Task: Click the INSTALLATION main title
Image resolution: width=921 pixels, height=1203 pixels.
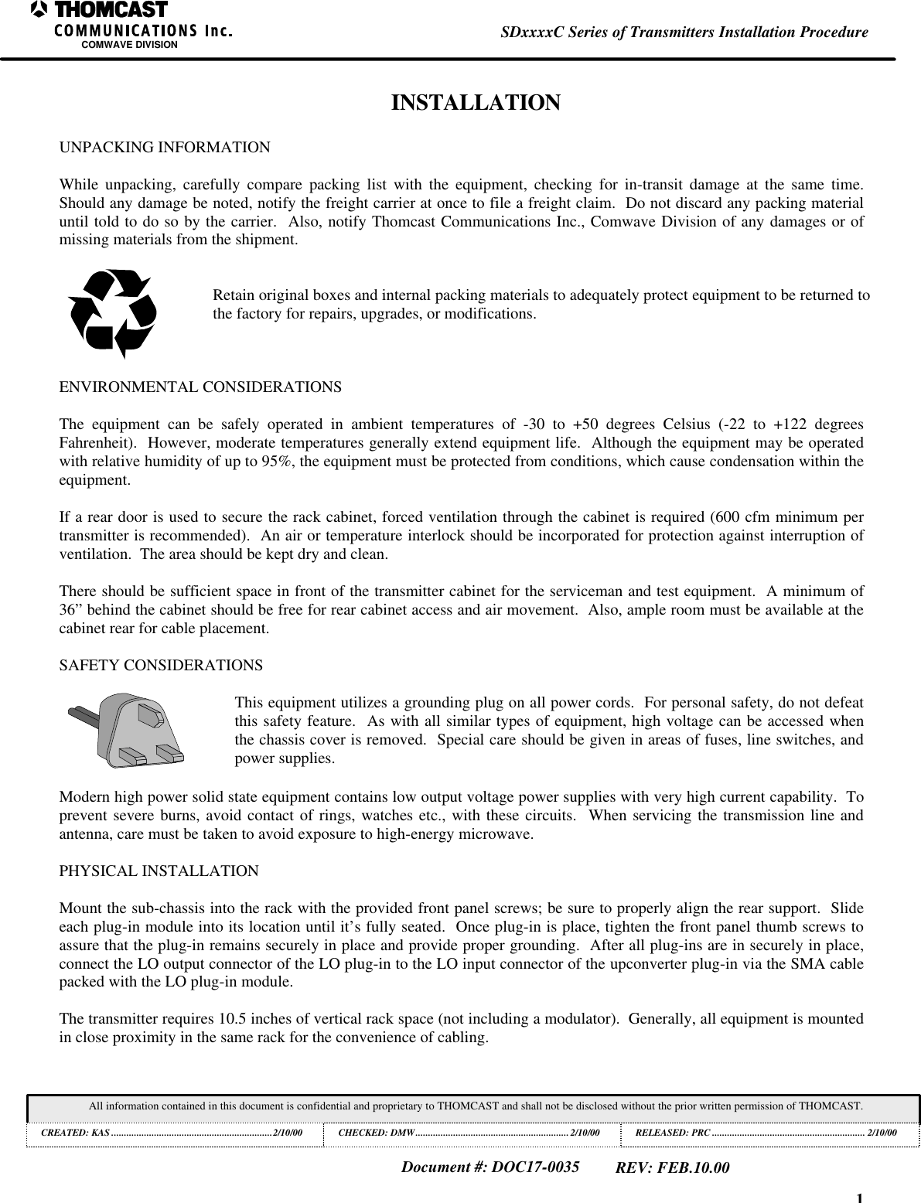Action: pos(476,103)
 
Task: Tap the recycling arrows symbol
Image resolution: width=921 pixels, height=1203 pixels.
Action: pos(113,313)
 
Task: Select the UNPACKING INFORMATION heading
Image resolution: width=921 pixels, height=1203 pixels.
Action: pos(165,147)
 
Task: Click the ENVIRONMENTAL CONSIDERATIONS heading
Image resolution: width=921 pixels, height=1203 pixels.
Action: pos(200,387)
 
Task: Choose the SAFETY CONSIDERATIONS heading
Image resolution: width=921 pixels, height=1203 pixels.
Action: pos(161,666)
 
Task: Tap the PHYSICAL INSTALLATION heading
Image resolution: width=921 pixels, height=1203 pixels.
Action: pos(159,871)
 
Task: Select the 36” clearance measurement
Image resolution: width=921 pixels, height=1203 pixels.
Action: pos(72,610)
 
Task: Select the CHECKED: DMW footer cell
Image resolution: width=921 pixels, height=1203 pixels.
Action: pos(471,1133)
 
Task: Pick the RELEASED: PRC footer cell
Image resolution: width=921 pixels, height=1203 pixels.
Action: pos(766,1133)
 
